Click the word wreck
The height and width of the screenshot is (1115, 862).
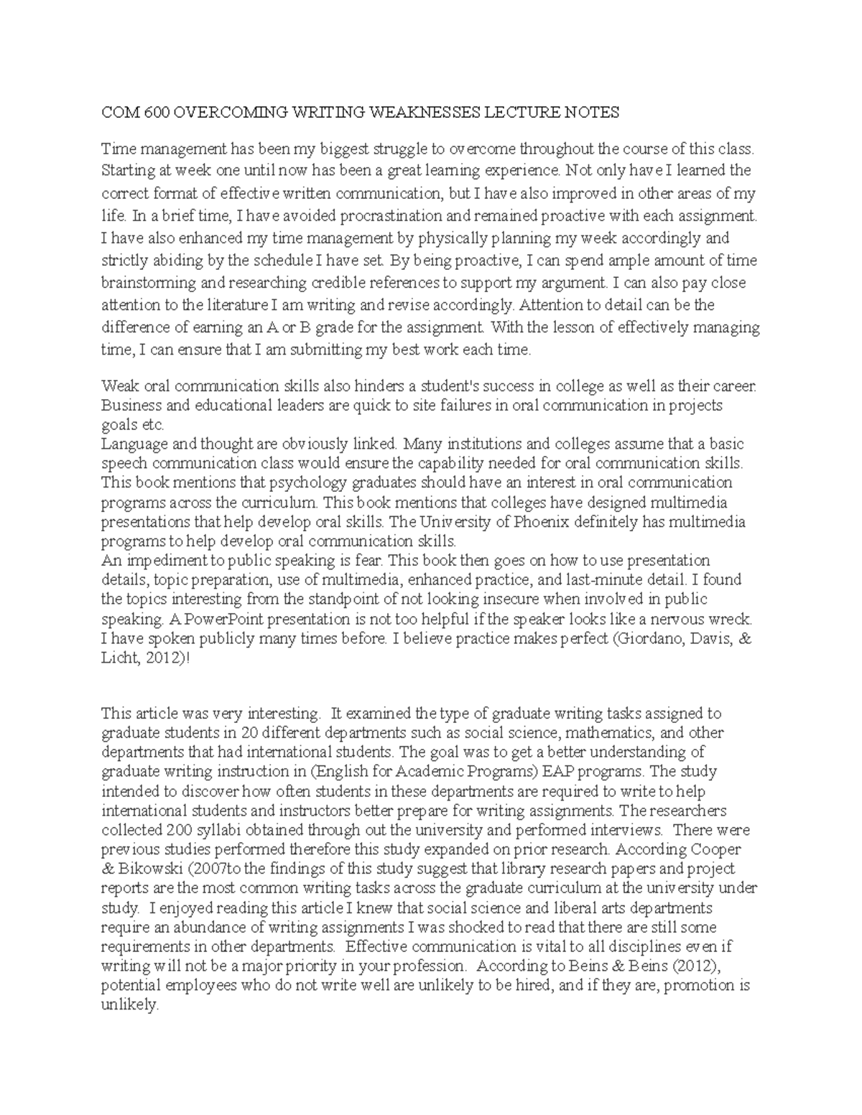[x=733, y=618]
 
